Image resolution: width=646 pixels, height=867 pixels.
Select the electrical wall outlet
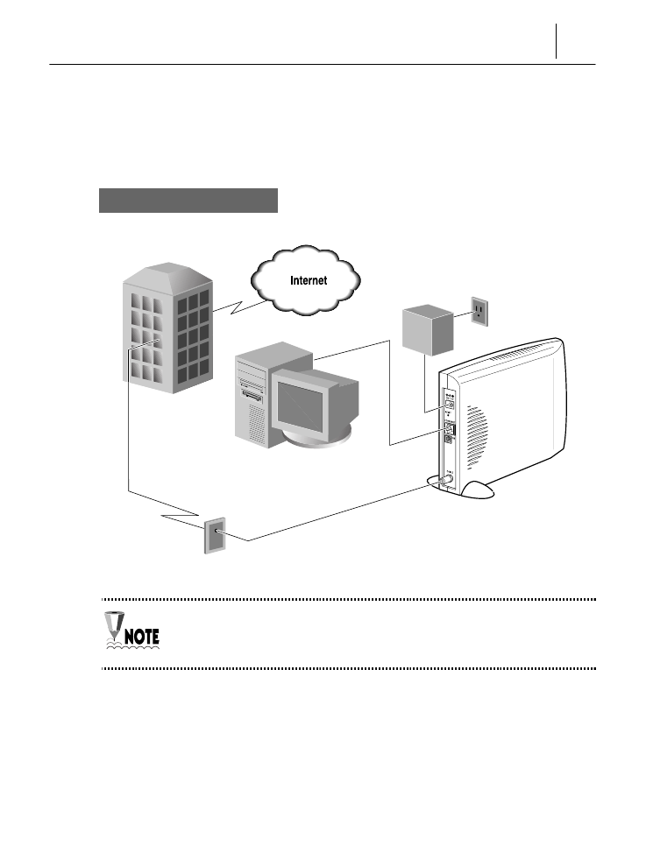[479, 311]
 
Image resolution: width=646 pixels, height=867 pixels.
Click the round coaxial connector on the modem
[446, 480]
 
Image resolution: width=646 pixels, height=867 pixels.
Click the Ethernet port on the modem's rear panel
[450, 430]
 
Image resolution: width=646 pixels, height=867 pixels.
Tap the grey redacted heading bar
[188, 200]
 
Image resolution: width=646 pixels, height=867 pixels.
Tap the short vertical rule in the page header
[556, 41]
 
